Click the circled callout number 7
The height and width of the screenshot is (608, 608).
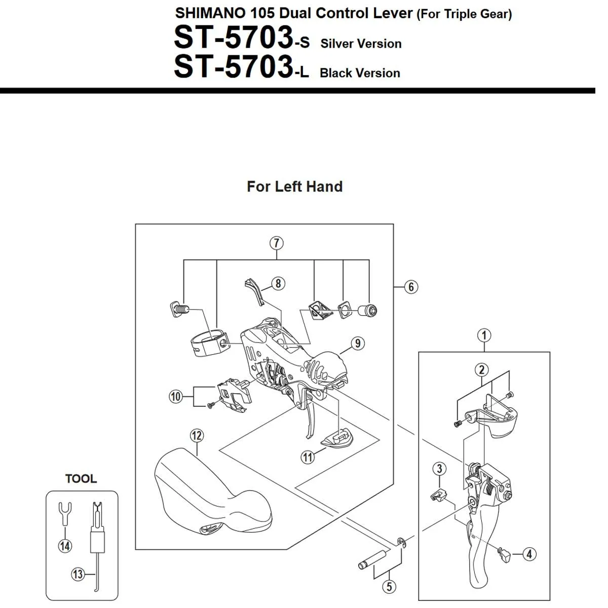pos(276,243)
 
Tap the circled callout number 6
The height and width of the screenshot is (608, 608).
pos(411,287)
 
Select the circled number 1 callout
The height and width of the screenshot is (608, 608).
pos(484,335)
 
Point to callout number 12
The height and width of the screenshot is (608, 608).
pos(197,435)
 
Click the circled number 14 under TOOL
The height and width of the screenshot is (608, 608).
pos(65,546)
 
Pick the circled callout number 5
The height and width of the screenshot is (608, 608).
pos(389,587)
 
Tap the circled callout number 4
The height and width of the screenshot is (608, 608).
pos(529,554)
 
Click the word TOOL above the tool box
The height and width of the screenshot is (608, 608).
pos(81,479)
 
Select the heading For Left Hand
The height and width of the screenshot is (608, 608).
pos(294,186)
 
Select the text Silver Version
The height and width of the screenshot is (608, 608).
pos(361,44)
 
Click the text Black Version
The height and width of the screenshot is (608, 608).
pos(360,73)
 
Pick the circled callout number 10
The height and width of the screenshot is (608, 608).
pos(176,396)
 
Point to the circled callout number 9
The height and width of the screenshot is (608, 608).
pos(358,344)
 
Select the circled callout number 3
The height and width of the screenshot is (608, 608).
pos(439,469)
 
